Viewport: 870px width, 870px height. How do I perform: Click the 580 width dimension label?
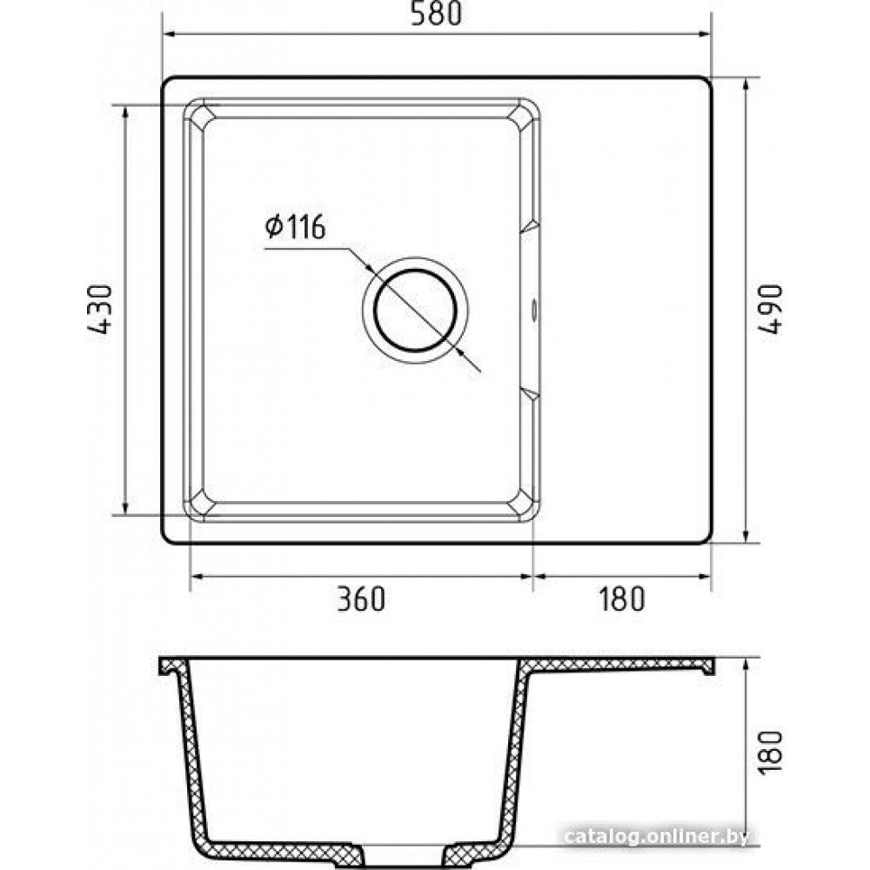[436, 14]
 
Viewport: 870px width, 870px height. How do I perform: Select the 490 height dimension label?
[771, 309]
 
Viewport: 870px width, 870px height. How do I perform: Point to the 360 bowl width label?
[361, 599]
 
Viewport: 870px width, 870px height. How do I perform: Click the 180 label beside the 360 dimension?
[621, 599]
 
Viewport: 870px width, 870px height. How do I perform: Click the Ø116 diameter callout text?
[295, 227]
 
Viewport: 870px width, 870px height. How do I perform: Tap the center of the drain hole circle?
[415, 311]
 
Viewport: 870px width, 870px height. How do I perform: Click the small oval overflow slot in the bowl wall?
[534, 309]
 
